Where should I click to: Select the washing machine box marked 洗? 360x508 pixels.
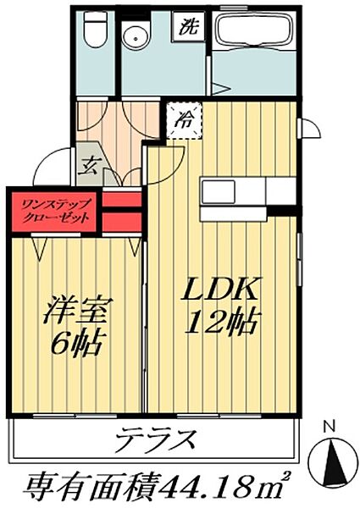[189, 26]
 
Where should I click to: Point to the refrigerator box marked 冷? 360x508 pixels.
[185, 119]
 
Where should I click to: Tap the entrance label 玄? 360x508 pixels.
[89, 164]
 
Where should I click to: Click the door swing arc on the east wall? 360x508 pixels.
[310, 127]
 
